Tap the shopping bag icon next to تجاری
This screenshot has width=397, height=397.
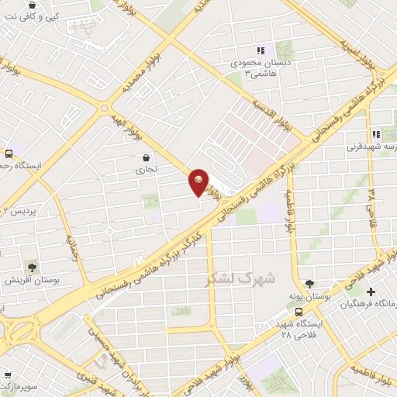(147, 157)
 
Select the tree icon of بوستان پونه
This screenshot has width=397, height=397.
(310, 283)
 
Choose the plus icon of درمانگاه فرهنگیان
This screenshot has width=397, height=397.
(371, 292)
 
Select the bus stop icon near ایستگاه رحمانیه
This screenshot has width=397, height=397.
(9, 154)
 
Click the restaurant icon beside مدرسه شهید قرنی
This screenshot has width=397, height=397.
(376, 134)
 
